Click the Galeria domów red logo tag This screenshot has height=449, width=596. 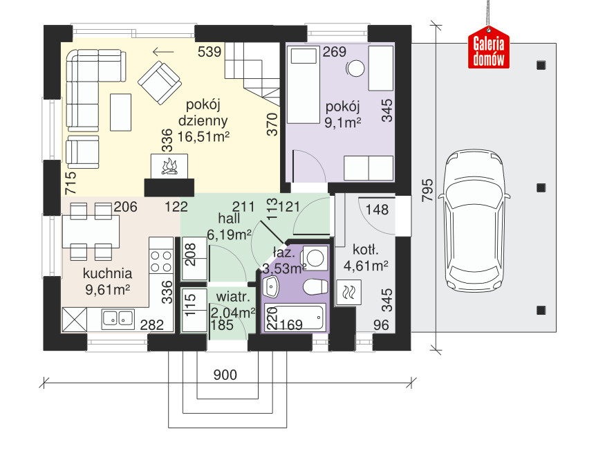(488, 48)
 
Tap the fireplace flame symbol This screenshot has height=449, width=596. (169, 167)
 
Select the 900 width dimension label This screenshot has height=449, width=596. (225, 375)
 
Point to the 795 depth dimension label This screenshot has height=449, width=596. (427, 190)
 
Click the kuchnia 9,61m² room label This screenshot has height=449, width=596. (108, 282)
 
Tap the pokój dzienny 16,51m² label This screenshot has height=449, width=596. (203, 120)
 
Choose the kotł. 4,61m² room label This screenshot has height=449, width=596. (366, 257)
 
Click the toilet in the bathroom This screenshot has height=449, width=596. (315, 286)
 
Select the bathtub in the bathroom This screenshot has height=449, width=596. (295, 318)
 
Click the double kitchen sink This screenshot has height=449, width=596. (118, 319)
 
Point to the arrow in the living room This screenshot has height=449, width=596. (163, 52)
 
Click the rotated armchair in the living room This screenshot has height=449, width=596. (159, 82)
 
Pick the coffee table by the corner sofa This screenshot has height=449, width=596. (120, 112)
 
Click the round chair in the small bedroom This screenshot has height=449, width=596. (356, 68)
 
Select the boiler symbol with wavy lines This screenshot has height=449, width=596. (349, 293)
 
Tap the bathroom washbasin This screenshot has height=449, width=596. (271, 286)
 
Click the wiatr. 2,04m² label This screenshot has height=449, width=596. (232, 304)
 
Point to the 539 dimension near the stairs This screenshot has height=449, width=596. (209, 52)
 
